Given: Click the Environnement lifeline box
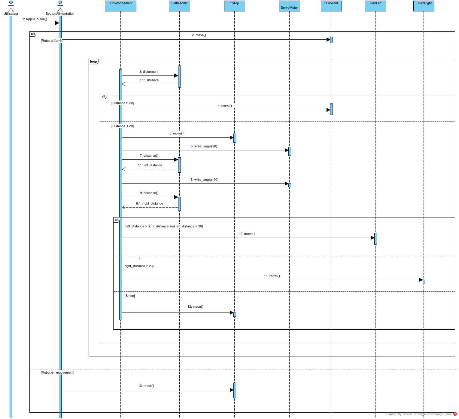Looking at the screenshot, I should (x=120, y=6).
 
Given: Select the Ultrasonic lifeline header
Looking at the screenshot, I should (x=179, y=6).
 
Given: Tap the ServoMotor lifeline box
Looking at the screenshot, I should (x=289, y=6).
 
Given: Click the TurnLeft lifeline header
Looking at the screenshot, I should (x=375, y=6).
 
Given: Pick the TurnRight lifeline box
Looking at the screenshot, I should (x=424, y=6).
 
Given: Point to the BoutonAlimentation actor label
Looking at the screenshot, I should (x=60, y=14).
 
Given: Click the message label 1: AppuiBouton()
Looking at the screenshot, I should (x=35, y=19).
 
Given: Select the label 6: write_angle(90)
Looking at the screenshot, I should (x=204, y=146).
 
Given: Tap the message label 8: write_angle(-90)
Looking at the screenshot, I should (x=204, y=180).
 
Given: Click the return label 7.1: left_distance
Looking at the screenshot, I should (x=150, y=165).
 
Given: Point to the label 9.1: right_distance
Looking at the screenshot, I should (x=149, y=204).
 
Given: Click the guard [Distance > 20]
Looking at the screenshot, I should (x=122, y=103).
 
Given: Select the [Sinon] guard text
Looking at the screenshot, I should (x=130, y=296).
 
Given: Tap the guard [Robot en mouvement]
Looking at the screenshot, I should (x=57, y=373).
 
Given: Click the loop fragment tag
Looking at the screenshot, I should (x=93, y=62).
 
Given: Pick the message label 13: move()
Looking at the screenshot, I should (x=146, y=386).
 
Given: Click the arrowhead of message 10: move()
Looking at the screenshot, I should (x=372, y=238).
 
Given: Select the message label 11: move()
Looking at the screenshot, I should (x=272, y=276).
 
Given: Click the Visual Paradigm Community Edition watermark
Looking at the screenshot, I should (x=421, y=414).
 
